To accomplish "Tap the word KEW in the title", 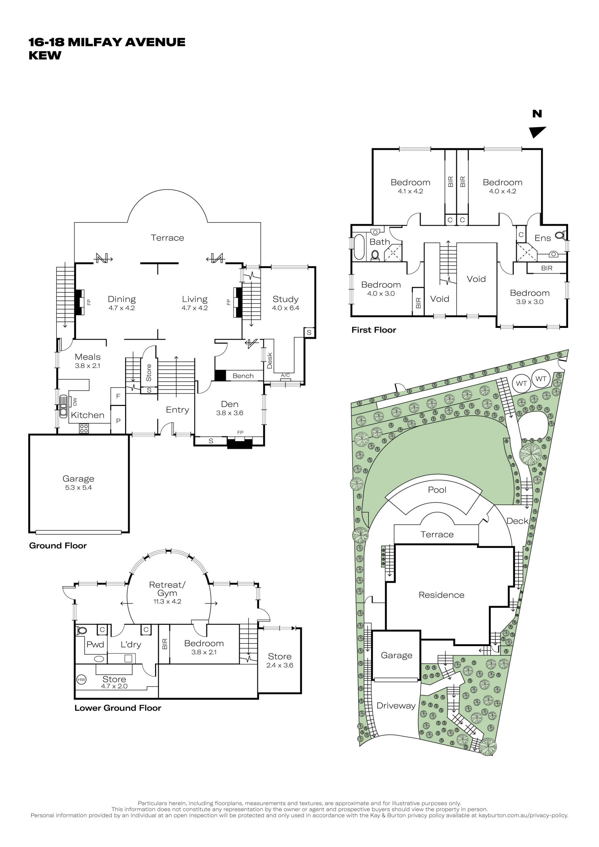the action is click(x=45, y=55).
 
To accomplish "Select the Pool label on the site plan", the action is click(x=437, y=490).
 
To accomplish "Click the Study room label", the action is click(x=285, y=299).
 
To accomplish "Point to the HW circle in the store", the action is click(x=81, y=679).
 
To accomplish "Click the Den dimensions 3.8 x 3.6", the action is click(x=229, y=413).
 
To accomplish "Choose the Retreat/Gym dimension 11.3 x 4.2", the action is click(x=168, y=601).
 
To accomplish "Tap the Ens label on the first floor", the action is click(x=543, y=238).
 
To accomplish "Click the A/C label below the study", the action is click(x=285, y=376).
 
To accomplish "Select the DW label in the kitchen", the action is click(x=75, y=401).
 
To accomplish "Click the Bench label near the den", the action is click(x=243, y=376).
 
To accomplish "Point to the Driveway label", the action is click(x=396, y=706).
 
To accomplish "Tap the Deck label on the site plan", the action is click(x=518, y=521).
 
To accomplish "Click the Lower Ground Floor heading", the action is click(x=118, y=708).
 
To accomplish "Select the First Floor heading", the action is click(x=374, y=330).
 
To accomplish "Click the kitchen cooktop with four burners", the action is click(x=84, y=428).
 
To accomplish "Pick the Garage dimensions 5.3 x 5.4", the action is click(x=78, y=487).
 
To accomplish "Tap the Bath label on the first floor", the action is click(x=380, y=242).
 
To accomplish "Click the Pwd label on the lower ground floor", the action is click(x=95, y=645).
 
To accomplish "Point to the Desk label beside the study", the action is click(x=270, y=360).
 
